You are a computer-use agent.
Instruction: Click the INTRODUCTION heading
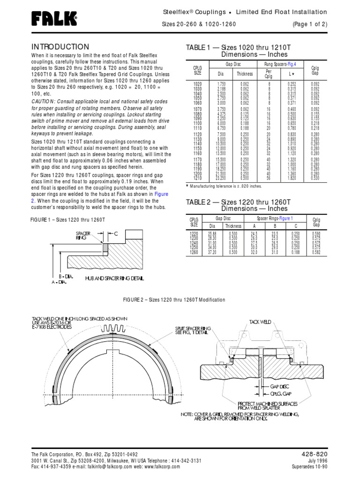pos(60,47)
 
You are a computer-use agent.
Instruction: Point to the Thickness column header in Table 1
pos(244,74)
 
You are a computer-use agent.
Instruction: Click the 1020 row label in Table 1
pos(197,83)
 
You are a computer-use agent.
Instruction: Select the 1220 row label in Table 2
pos(193,233)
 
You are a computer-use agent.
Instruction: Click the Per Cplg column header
pos(269,74)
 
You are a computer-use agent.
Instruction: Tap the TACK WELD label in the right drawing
pos(260,322)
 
